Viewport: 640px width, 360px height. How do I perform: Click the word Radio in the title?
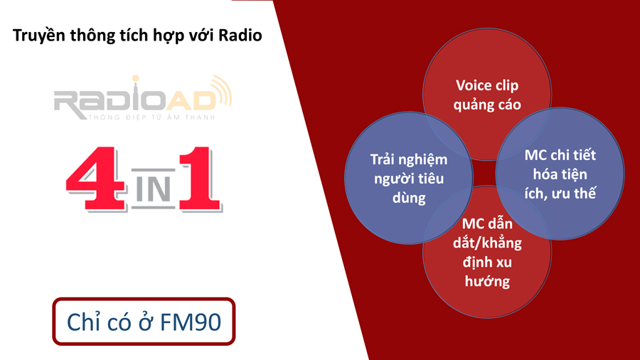pyautogui.click(x=240, y=35)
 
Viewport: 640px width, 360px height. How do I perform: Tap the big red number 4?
pyautogui.click(x=96, y=179)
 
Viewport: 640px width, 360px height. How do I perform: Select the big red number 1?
pyautogui.click(x=200, y=179)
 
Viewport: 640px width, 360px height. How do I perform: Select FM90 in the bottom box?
pyautogui.click(x=191, y=322)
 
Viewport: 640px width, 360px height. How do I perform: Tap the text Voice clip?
pyautogui.click(x=487, y=85)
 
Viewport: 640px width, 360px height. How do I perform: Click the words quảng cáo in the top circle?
pyautogui.click(x=487, y=105)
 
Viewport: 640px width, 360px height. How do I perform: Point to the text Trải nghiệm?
pyautogui.click(x=409, y=159)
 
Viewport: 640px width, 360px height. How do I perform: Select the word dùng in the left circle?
pyautogui.click(x=409, y=198)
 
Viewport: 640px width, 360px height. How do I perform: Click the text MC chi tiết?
pyautogui.click(x=560, y=155)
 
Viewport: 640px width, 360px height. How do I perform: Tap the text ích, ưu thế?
pyautogui.click(x=560, y=193)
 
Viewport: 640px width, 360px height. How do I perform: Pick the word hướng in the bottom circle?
pyautogui.click(x=487, y=281)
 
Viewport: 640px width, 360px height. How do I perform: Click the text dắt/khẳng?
pyautogui.click(x=487, y=243)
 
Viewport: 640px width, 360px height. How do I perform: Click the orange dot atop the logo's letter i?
pyautogui.click(x=136, y=78)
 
